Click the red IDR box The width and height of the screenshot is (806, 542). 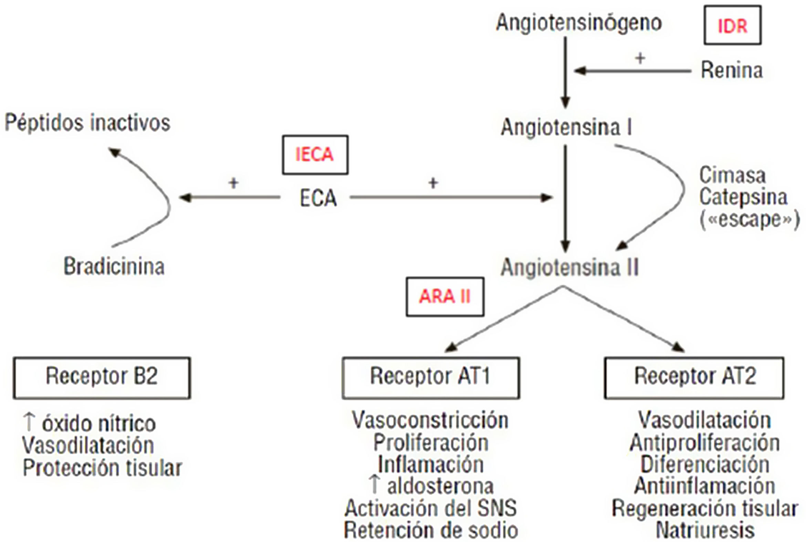(x=732, y=25)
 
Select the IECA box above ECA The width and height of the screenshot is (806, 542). (x=315, y=155)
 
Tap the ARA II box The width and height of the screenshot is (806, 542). (x=445, y=297)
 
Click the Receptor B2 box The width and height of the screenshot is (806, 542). (x=102, y=378)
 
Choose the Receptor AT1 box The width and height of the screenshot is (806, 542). (x=430, y=378)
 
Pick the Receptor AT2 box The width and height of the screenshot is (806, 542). (x=694, y=378)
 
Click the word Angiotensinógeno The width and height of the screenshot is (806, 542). (x=579, y=23)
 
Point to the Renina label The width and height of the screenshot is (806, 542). (x=732, y=71)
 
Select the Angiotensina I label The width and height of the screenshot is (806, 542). (x=566, y=127)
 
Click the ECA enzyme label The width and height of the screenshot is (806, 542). (x=318, y=199)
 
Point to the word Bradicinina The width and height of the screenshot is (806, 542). (x=114, y=266)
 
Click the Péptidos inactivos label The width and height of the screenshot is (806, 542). (x=87, y=123)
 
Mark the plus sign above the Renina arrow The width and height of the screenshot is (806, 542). (x=640, y=59)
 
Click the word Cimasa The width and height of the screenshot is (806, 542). (x=732, y=175)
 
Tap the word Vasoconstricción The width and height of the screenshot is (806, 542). (x=430, y=421)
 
